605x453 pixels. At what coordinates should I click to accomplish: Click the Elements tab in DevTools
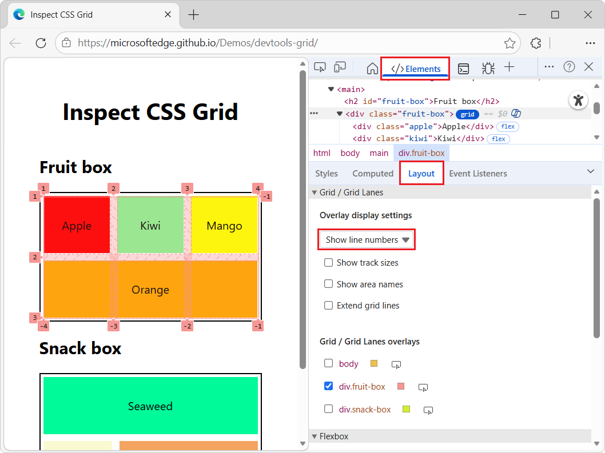(416, 69)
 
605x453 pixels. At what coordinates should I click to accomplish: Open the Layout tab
(421, 173)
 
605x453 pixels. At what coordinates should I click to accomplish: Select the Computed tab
(373, 173)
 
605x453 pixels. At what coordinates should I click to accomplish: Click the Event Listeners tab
(478, 173)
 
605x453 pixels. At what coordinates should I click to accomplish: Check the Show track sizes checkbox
(329, 263)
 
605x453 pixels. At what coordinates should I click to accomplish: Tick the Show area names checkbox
(329, 284)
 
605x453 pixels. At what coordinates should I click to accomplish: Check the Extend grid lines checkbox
(329, 306)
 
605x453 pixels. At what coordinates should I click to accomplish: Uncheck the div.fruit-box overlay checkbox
(329, 386)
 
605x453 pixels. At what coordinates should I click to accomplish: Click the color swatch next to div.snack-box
(406, 409)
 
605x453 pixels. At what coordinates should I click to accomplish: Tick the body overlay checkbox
(329, 363)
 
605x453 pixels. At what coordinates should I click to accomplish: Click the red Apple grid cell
(77, 226)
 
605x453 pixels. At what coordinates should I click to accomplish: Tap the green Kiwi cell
(150, 226)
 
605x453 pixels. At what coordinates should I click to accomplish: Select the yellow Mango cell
(224, 226)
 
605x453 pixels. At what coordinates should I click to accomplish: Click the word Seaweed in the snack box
(150, 406)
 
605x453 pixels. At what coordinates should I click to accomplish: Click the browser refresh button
(41, 43)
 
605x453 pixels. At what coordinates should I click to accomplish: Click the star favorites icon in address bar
(510, 43)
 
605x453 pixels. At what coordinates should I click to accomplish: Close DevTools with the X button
(589, 67)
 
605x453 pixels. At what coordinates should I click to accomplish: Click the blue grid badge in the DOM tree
(467, 114)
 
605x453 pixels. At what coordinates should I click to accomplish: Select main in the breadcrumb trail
(379, 153)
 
